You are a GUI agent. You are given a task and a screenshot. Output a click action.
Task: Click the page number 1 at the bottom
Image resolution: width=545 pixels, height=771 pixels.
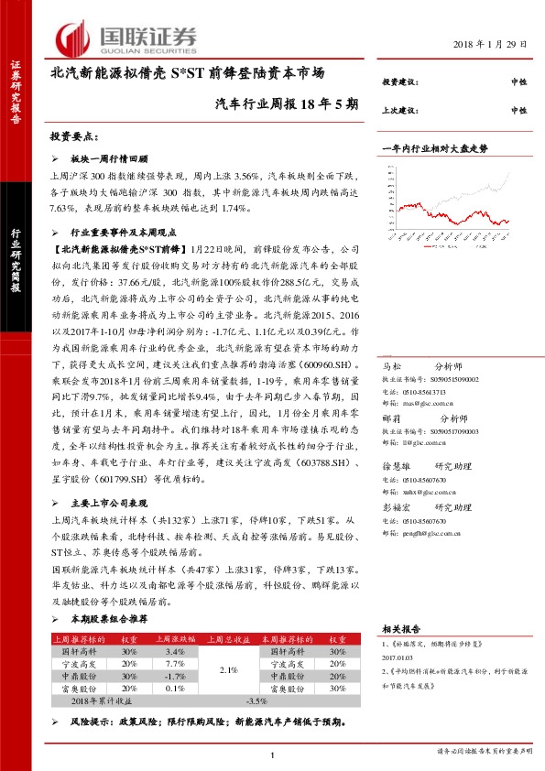273,755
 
